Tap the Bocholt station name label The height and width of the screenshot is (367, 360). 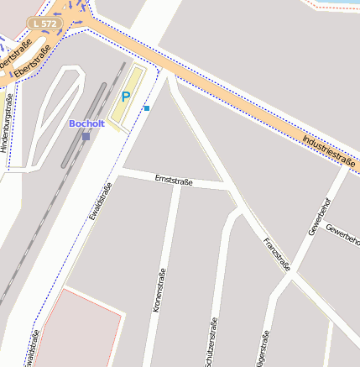tap(86, 123)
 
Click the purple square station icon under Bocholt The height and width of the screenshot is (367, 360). tap(86, 135)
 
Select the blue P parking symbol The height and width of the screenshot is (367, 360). tap(127, 97)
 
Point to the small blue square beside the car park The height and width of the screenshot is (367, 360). tap(147, 108)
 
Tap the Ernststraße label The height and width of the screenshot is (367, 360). tap(174, 181)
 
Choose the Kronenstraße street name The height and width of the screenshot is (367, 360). tap(159, 290)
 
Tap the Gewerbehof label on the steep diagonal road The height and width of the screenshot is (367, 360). tap(320, 214)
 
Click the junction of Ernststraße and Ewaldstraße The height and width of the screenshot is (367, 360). tap(119, 171)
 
